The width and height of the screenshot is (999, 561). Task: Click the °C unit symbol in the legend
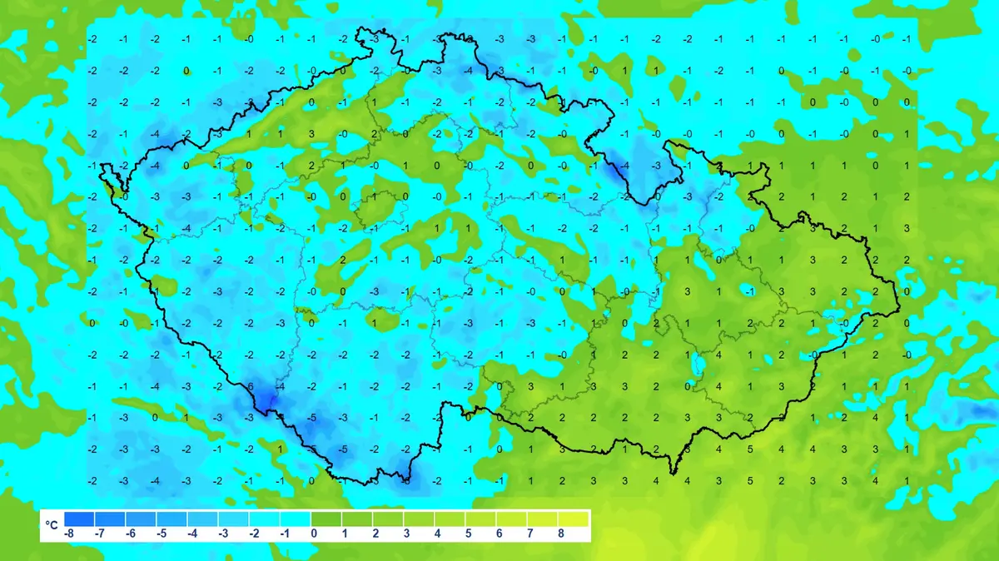coord(52,525)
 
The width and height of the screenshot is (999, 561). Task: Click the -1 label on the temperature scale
coord(285,534)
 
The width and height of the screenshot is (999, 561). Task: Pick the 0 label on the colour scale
coord(315,534)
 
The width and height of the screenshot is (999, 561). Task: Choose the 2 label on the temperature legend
coord(375,534)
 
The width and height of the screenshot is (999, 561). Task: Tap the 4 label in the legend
coord(438,534)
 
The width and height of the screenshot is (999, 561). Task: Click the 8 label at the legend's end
coord(560,534)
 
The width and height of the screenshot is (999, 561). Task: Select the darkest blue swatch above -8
coord(78,519)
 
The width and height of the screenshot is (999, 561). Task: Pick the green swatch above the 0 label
coord(326,519)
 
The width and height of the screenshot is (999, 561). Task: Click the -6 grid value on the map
coord(250,387)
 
